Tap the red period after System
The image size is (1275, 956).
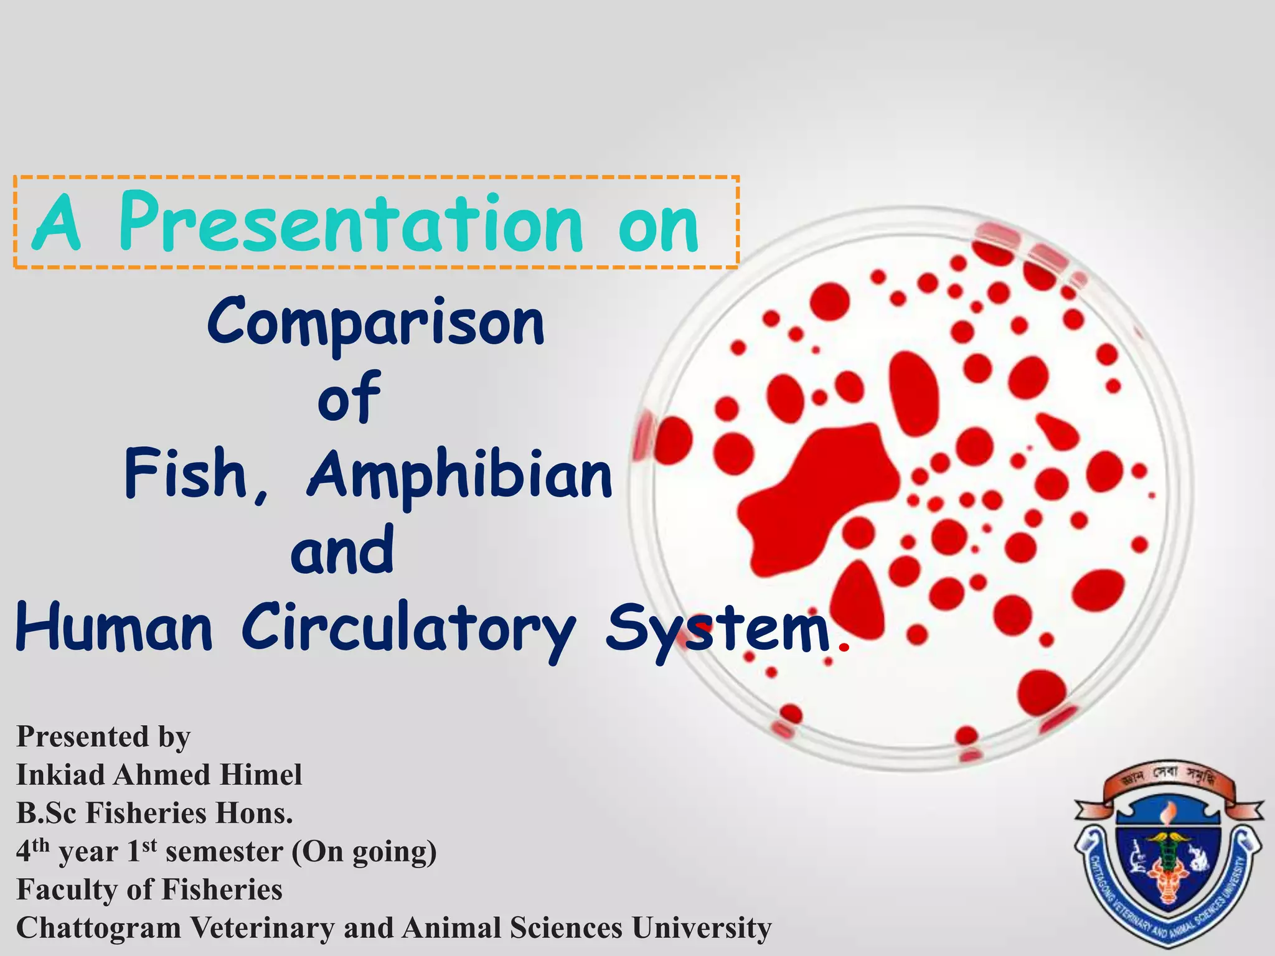(x=844, y=648)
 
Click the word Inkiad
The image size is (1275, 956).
(x=61, y=776)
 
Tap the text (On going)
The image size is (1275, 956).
(x=364, y=852)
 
